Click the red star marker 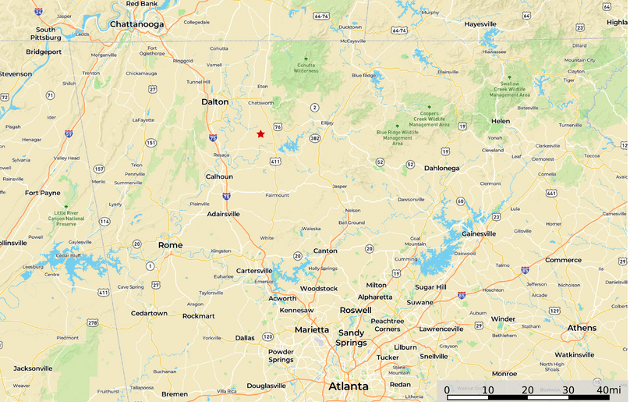[260, 133]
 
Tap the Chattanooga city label [137, 24]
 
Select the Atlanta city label [348, 386]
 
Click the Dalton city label [215, 101]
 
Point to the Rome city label [170, 245]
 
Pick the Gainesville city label [478, 233]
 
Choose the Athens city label [582, 328]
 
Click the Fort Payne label [42, 193]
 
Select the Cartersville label [254, 271]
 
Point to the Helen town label [500, 121]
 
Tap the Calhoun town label [219, 176]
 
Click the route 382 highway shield [314, 138]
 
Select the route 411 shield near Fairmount [275, 162]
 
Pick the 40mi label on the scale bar [608, 390]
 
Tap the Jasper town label [340, 187]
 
